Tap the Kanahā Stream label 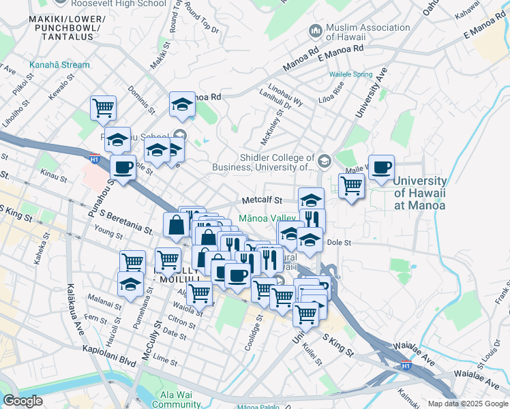(59, 65)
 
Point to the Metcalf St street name (262, 200)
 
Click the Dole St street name (338, 242)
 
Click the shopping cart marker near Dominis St (103, 107)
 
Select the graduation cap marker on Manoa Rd (182, 104)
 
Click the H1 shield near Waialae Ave (406, 365)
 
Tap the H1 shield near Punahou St (94, 159)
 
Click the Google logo (22, 401)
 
